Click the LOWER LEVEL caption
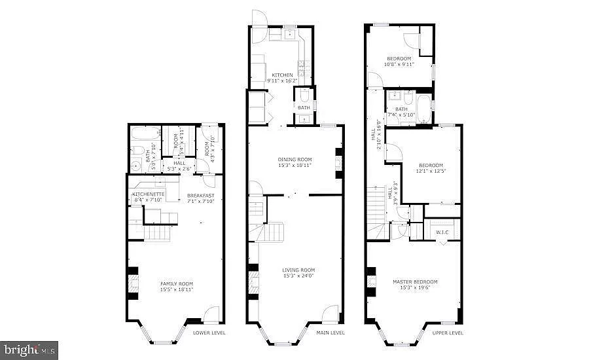(x=209, y=333)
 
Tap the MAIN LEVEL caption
(x=330, y=333)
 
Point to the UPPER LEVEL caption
(x=448, y=333)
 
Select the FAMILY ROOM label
(x=177, y=283)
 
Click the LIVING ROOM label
(x=298, y=270)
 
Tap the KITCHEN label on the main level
(x=283, y=75)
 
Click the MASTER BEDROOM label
(x=415, y=281)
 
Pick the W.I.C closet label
(x=442, y=232)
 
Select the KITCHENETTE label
(x=148, y=194)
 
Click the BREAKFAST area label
(x=200, y=195)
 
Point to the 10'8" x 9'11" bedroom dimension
(x=399, y=65)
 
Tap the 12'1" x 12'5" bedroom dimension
(x=430, y=171)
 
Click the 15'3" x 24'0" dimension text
(x=298, y=276)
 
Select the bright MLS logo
(x=29, y=350)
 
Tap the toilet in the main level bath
(x=304, y=96)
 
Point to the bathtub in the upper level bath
(x=423, y=108)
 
